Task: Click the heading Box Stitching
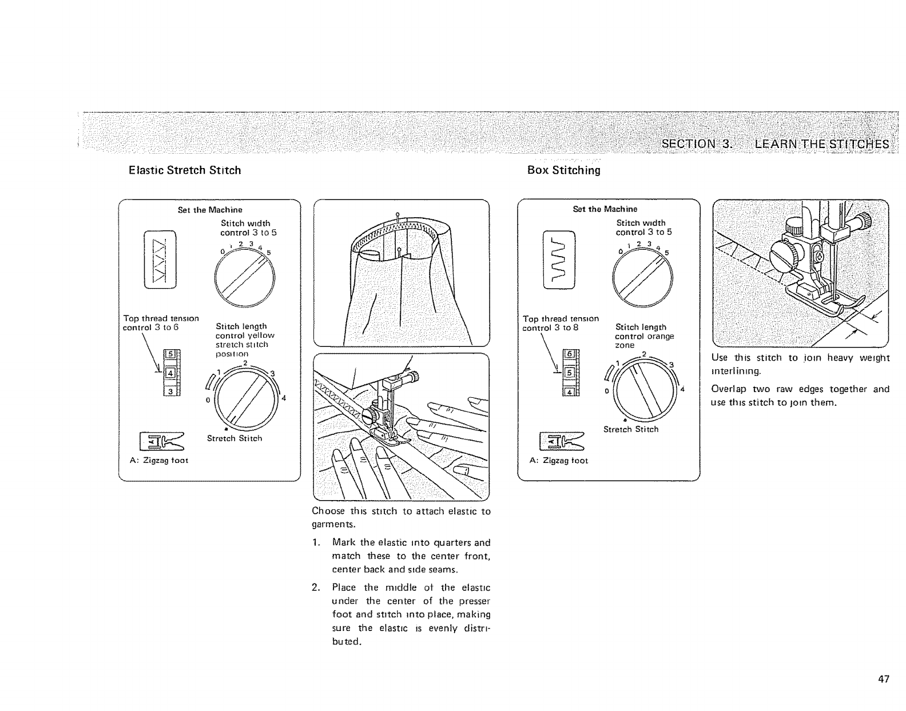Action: [563, 170]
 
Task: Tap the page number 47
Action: [884, 679]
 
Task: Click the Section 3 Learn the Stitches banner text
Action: [775, 143]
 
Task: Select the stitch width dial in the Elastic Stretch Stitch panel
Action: [245, 278]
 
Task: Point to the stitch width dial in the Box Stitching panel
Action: [642, 279]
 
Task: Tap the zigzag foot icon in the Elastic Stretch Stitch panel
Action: [161, 441]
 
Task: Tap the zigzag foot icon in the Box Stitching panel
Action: [561, 441]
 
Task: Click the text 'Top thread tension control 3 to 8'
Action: [561, 323]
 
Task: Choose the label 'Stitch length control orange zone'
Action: [644, 336]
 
